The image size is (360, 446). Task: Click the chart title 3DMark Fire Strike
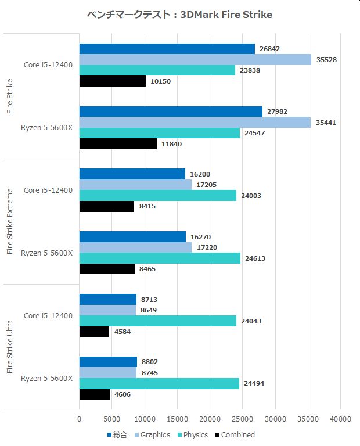coord(180,15)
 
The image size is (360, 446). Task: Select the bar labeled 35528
coord(195,59)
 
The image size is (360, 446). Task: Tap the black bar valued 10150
coord(112,81)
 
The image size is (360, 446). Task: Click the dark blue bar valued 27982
coord(170,111)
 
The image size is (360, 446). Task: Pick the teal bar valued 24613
coord(159,258)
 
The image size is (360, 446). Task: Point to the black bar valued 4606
coord(94,394)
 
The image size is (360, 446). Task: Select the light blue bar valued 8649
coord(107,311)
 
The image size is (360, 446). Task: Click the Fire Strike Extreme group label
coord(10,221)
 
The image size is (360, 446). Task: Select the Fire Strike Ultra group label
coord(10,347)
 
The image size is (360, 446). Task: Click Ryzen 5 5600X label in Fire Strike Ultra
coord(46,379)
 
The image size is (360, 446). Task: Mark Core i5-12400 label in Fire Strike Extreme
coord(48,190)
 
